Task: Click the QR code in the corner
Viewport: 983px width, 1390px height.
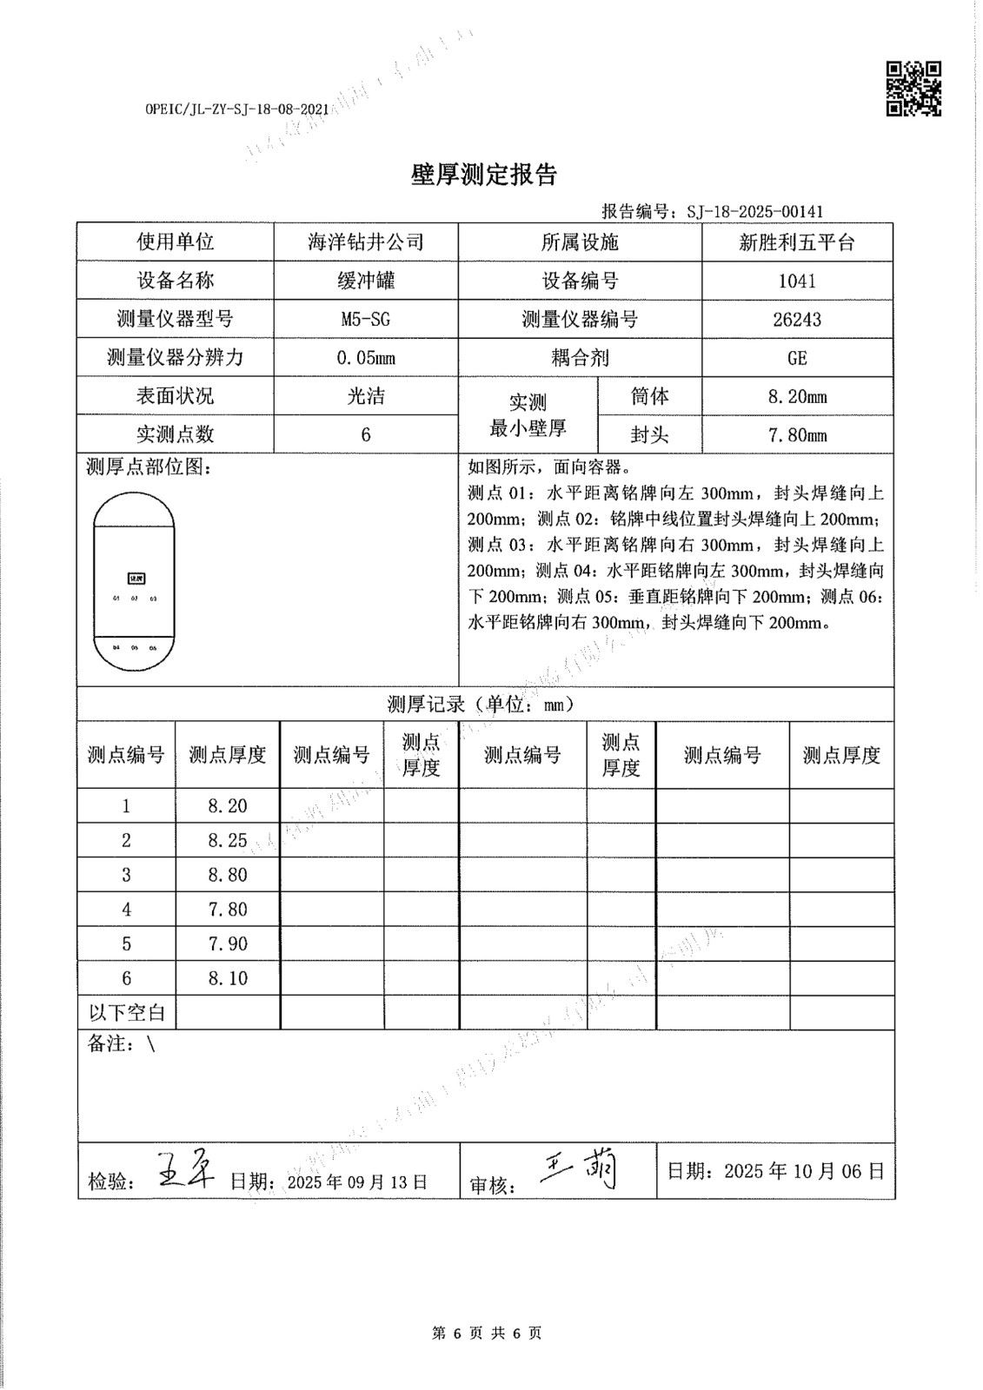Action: (913, 89)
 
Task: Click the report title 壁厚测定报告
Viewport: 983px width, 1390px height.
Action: (483, 175)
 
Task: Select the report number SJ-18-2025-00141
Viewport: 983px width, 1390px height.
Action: (754, 211)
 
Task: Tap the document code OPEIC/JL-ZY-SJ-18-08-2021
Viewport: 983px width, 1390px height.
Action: (236, 109)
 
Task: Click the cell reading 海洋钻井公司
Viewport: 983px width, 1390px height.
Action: (366, 242)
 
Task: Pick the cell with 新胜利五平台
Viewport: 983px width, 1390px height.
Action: (797, 242)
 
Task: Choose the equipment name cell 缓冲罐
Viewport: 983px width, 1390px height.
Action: (366, 281)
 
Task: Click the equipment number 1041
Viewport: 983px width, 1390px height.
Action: (797, 281)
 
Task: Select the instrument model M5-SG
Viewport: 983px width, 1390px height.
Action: (366, 319)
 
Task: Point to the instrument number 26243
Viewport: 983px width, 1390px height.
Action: (797, 319)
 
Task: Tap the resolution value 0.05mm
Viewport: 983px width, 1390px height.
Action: (366, 358)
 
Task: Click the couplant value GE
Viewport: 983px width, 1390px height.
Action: (797, 358)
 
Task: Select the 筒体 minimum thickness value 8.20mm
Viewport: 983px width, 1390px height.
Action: (797, 397)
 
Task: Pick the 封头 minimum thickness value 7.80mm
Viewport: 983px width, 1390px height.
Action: (797, 435)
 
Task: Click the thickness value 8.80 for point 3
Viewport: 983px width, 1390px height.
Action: (228, 875)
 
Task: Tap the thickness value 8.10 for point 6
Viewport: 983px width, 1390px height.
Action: (228, 978)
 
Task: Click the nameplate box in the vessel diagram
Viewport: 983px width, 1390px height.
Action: (135, 578)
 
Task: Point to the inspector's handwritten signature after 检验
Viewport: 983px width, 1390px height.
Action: (189, 1170)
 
